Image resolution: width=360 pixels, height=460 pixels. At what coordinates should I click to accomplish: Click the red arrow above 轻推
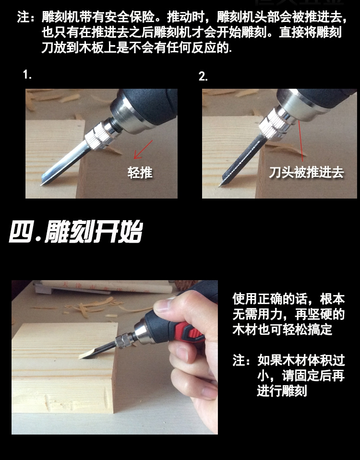(x=144, y=149)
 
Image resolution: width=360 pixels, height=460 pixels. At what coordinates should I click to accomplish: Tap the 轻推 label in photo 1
(x=140, y=172)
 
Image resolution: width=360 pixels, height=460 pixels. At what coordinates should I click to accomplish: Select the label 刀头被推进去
(x=306, y=172)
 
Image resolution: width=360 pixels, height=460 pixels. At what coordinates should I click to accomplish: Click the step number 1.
(x=27, y=74)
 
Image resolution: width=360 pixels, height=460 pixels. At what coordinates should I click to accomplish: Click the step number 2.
(x=203, y=76)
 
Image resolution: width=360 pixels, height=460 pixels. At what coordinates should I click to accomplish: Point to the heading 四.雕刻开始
(x=76, y=232)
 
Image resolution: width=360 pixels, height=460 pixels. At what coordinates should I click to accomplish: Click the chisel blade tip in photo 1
(x=41, y=185)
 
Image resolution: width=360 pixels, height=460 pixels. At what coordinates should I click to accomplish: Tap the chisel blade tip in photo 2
(x=219, y=186)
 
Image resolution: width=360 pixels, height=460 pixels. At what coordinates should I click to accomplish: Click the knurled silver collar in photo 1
(x=98, y=136)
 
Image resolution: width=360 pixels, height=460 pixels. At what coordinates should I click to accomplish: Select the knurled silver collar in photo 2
(x=273, y=125)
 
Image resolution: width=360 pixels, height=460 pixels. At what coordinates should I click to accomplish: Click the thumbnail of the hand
(x=162, y=306)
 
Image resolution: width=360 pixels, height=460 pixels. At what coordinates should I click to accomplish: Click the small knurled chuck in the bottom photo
(x=121, y=341)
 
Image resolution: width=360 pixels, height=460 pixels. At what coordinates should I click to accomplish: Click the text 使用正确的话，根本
(x=288, y=299)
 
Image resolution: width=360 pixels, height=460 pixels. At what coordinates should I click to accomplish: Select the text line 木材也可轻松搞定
(x=282, y=330)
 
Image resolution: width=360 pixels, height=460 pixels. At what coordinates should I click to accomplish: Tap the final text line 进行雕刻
(x=282, y=391)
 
